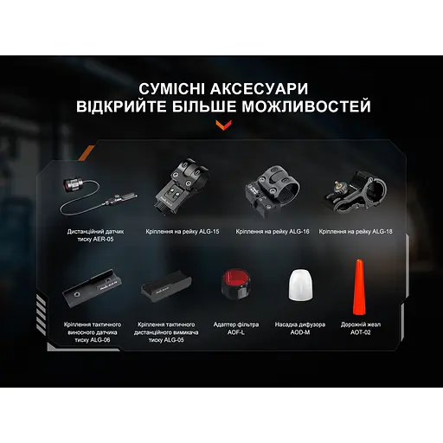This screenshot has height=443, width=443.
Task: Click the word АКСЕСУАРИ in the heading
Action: (x=264, y=90)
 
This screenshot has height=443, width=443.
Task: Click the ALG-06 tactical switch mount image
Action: (x=92, y=288)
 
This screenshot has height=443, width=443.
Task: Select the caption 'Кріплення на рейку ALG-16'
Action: (x=271, y=232)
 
